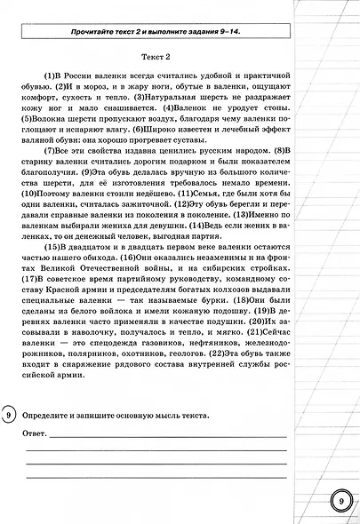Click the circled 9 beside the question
pos(8,415)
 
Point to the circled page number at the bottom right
pos(341,500)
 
